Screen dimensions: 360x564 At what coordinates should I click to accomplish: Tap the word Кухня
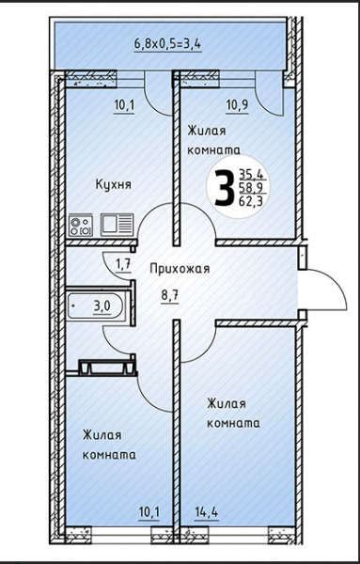pyautogui.click(x=114, y=184)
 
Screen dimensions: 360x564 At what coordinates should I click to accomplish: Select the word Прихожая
pyautogui.click(x=180, y=268)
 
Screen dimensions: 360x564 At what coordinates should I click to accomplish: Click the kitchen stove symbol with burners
pyautogui.click(x=81, y=225)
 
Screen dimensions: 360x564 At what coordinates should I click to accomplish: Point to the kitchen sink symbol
pyautogui.click(x=117, y=225)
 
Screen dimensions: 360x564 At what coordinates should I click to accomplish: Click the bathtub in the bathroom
pyautogui.click(x=96, y=305)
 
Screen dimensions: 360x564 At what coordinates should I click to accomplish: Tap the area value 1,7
pyautogui.click(x=122, y=265)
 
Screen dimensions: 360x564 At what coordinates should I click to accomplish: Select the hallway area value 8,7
pyautogui.click(x=170, y=297)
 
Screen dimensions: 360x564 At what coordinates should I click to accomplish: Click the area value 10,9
pyautogui.click(x=237, y=105)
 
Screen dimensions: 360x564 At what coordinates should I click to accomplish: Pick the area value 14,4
pyautogui.click(x=207, y=511)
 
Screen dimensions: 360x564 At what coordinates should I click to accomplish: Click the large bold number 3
pyautogui.click(x=225, y=188)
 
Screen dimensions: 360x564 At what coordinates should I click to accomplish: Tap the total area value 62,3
pyautogui.click(x=251, y=201)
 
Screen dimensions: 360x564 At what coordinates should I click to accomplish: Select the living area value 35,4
pyautogui.click(x=252, y=175)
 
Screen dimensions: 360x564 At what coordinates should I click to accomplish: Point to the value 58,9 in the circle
pyautogui.click(x=251, y=188)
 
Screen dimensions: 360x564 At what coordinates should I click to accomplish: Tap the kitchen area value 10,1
pyautogui.click(x=124, y=105)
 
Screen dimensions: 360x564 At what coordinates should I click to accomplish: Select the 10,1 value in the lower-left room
pyautogui.click(x=149, y=510)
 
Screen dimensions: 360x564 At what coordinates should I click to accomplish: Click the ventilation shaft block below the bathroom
pyautogui.click(x=108, y=367)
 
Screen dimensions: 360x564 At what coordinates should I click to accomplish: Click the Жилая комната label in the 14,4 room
pyautogui.click(x=233, y=414)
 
